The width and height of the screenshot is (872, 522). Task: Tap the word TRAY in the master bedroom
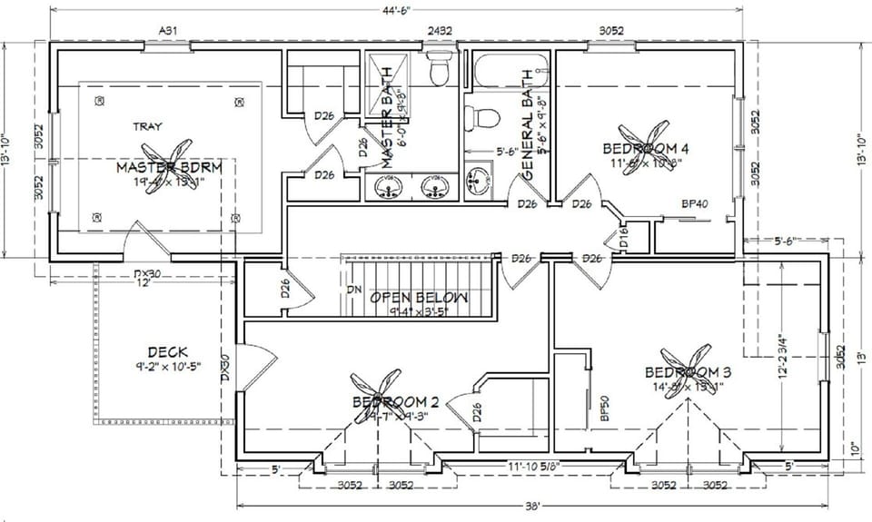coord(147,127)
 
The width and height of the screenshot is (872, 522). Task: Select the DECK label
coord(167,352)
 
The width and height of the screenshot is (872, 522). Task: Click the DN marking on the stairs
coord(354,291)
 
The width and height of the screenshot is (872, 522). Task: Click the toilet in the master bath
coord(440,69)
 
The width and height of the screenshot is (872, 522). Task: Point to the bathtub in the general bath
coord(508,67)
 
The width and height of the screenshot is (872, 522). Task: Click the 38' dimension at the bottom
coord(532,505)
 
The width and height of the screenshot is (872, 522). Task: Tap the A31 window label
coord(167,30)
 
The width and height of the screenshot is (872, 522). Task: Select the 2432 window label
coord(440,30)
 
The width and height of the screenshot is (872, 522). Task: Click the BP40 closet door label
coord(695,204)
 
